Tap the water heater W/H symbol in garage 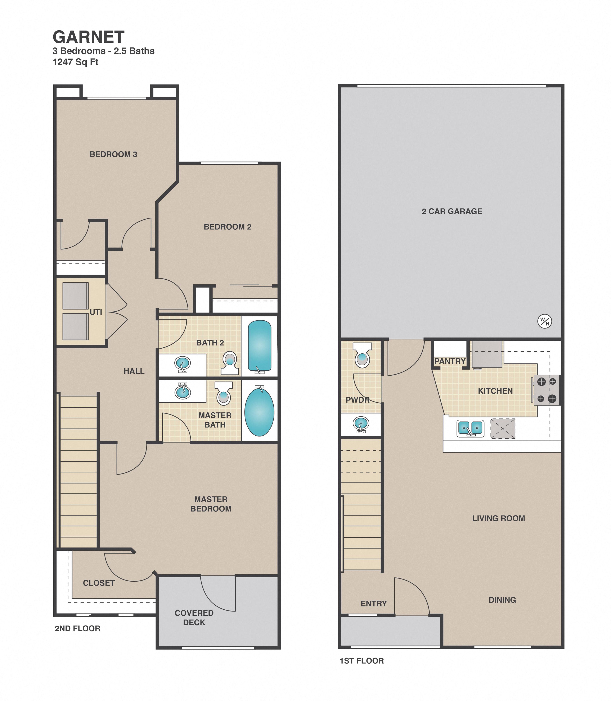click(544, 321)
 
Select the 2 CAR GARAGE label click(452, 211)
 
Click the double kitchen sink click(470, 428)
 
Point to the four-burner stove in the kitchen click(547, 390)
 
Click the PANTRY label click(450, 361)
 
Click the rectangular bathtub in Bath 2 click(260, 346)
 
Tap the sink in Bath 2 click(182, 364)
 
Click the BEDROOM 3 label click(113, 154)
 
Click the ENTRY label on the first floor click(373, 604)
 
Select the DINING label click(502, 600)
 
